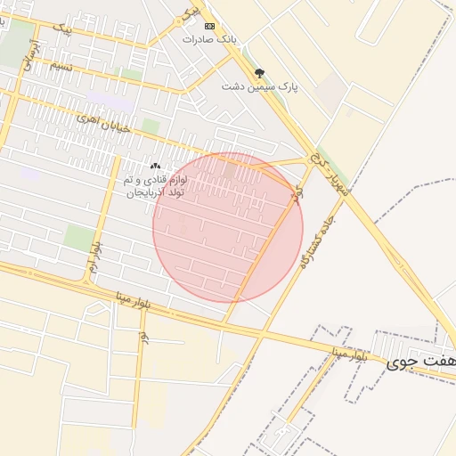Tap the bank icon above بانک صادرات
209,25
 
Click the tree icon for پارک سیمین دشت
259,72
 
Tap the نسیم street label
61,66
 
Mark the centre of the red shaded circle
228,227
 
